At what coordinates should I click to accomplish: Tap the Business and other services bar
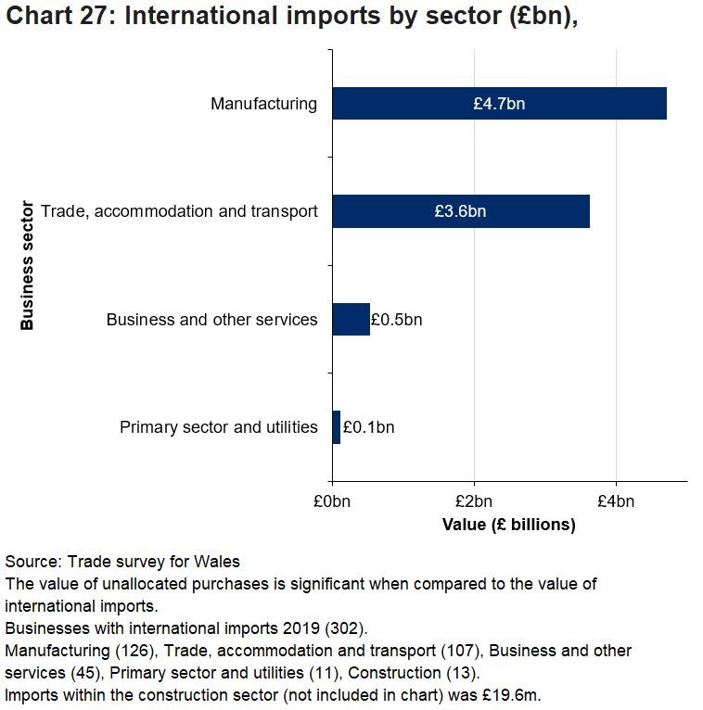coord(351,320)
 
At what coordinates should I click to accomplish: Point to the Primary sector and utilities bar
coord(336,427)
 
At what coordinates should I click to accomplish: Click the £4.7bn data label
coord(499,103)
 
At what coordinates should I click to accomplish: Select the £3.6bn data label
coord(460,211)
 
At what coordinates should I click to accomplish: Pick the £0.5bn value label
coord(396,320)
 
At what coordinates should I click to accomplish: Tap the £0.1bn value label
coord(368,427)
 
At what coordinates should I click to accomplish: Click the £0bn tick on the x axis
coord(332,502)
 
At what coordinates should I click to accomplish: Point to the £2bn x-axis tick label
coord(474,502)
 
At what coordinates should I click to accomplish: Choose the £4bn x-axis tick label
coord(616,502)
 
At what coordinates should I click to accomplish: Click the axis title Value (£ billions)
coord(509,525)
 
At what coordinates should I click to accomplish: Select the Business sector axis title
coord(27,265)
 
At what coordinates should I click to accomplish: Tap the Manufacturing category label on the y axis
coord(263,103)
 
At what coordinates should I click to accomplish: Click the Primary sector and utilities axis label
coord(219,427)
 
